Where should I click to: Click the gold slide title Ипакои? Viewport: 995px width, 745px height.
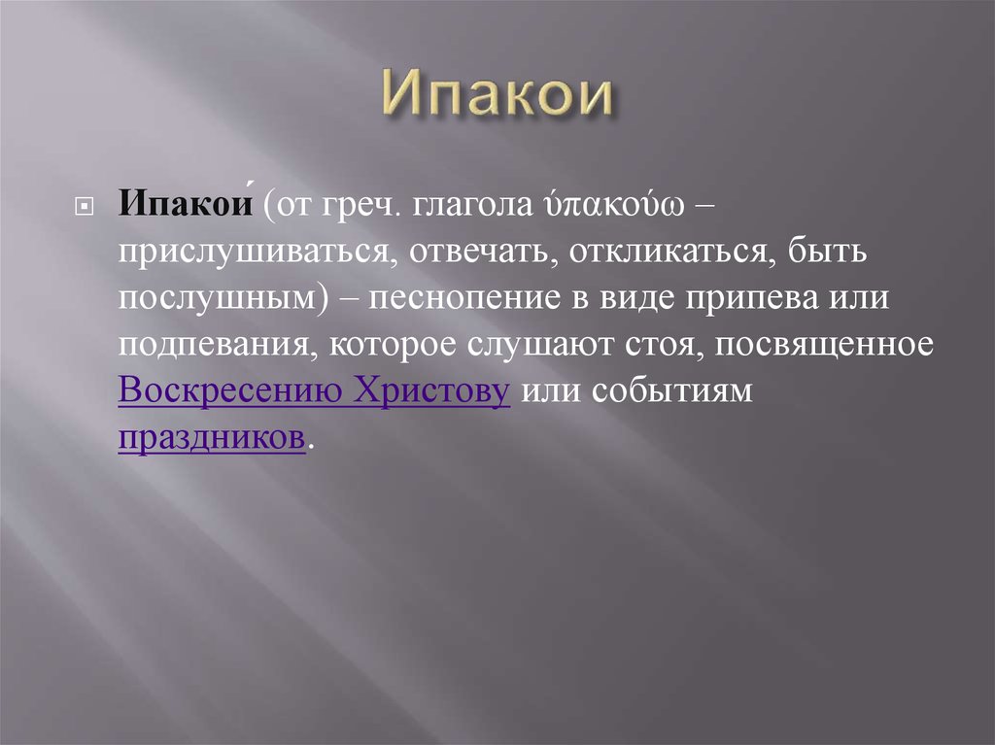[x=497, y=96]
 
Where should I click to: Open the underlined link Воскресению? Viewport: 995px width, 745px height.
[x=229, y=392]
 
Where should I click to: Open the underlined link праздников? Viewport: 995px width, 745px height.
[x=212, y=439]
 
